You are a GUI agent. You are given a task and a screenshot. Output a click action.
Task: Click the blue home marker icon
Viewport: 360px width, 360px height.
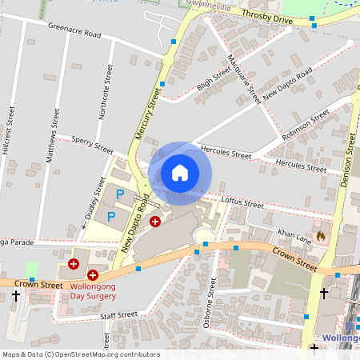pyautogui.click(x=180, y=173)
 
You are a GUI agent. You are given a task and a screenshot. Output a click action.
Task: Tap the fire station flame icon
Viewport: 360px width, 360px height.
pyautogui.click(x=321, y=236)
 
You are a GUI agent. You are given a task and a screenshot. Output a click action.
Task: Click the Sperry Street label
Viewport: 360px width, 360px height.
pyautogui.click(x=93, y=143)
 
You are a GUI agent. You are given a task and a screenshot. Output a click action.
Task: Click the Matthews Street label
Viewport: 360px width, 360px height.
pyautogui.click(x=54, y=135)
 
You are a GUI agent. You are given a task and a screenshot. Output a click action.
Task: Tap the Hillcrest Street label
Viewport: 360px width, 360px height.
pyautogui.click(x=9, y=127)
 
